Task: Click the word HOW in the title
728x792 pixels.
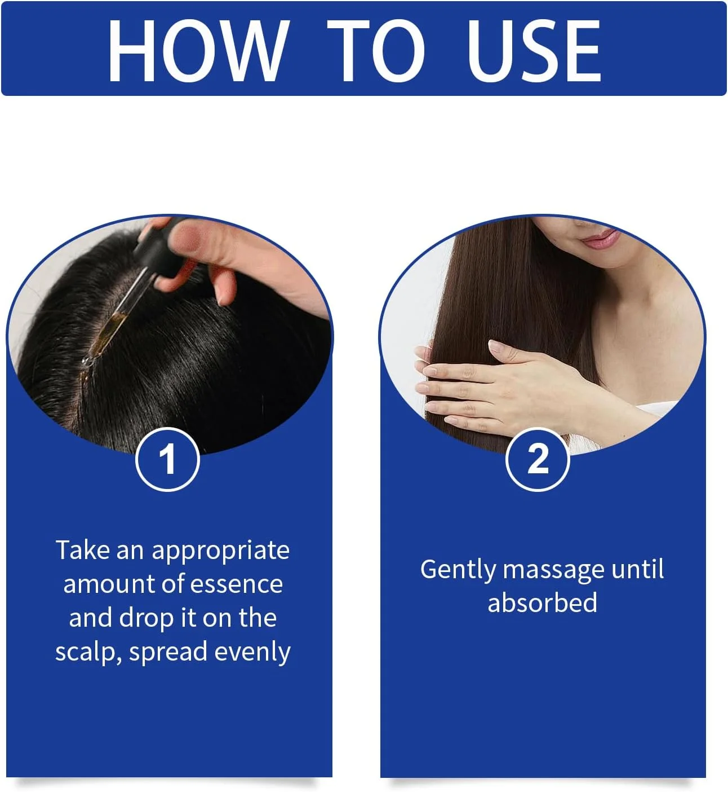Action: click(198, 50)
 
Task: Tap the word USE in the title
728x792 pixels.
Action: click(533, 50)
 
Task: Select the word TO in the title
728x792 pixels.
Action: click(376, 50)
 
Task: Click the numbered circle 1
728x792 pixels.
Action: click(167, 459)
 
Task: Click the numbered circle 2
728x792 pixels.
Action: click(538, 459)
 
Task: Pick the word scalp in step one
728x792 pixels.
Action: click(87, 653)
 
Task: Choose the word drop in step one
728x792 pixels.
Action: click(147, 619)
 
